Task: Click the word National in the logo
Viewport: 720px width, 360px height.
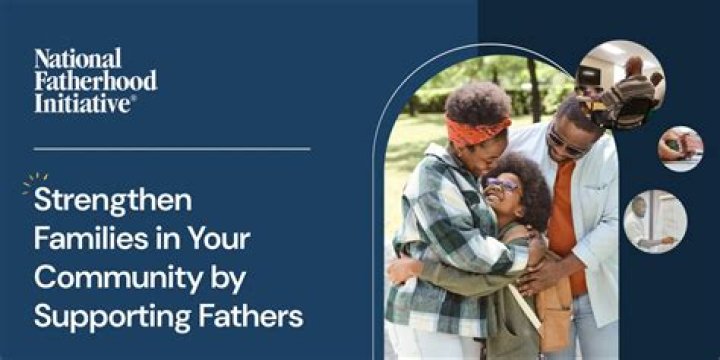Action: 77,58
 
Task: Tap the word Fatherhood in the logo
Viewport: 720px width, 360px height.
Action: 95,80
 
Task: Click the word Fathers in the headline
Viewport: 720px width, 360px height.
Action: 249,318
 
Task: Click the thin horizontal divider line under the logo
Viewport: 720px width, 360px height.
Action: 171,150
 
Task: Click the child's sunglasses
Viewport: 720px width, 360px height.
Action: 502,184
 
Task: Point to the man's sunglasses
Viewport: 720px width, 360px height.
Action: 567,146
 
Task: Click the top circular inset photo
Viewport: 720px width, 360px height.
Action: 621,84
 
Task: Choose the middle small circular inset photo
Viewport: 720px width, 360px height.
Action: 680,149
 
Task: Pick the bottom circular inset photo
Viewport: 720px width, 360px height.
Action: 655,220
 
